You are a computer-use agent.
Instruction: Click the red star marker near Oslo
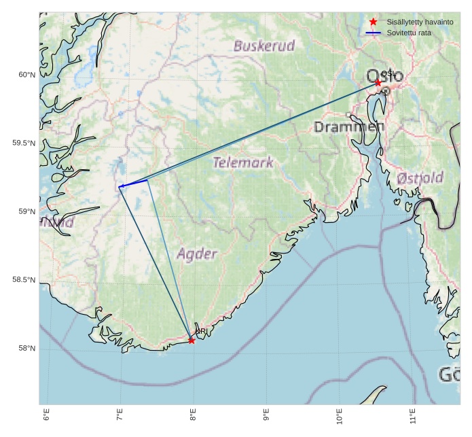[x=378, y=82]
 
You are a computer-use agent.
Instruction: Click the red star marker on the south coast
[x=192, y=340]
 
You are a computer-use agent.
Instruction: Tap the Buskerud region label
[x=264, y=46]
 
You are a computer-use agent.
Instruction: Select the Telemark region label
[x=243, y=162]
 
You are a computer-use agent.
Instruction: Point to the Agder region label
[x=197, y=254]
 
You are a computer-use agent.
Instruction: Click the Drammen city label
[x=349, y=127]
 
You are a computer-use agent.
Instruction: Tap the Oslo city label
[x=384, y=75]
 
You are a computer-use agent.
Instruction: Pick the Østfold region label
[x=420, y=178]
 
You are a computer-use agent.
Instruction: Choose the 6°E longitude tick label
[x=47, y=414]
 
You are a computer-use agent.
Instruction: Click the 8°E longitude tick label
[x=193, y=414]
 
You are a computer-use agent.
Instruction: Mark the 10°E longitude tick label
[x=340, y=414]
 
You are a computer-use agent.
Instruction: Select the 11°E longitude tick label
[x=413, y=414]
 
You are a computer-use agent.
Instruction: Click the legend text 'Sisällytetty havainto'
[x=420, y=22]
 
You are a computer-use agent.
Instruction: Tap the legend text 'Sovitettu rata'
[x=409, y=33]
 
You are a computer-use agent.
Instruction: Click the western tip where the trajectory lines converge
[x=120, y=186]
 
